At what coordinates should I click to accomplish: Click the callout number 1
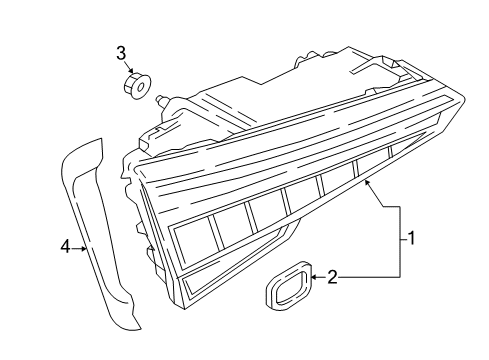tap(412, 239)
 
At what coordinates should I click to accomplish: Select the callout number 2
tap(332, 277)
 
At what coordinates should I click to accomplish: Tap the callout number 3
tap(121, 53)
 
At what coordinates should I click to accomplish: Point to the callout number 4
tap(66, 247)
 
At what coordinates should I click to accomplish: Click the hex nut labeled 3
tap(137, 86)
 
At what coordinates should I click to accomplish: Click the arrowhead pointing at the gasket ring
tap(315, 277)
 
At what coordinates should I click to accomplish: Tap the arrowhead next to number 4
tap(83, 248)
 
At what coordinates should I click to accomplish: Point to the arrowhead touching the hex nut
tap(131, 71)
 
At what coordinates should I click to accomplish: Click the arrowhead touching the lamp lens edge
tap(367, 182)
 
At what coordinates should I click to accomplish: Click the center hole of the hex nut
tap(141, 87)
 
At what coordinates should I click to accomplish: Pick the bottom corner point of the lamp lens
tap(184, 308)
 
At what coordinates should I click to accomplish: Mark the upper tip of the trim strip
tap(100, 139)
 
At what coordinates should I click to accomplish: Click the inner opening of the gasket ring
tap(290, 285)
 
